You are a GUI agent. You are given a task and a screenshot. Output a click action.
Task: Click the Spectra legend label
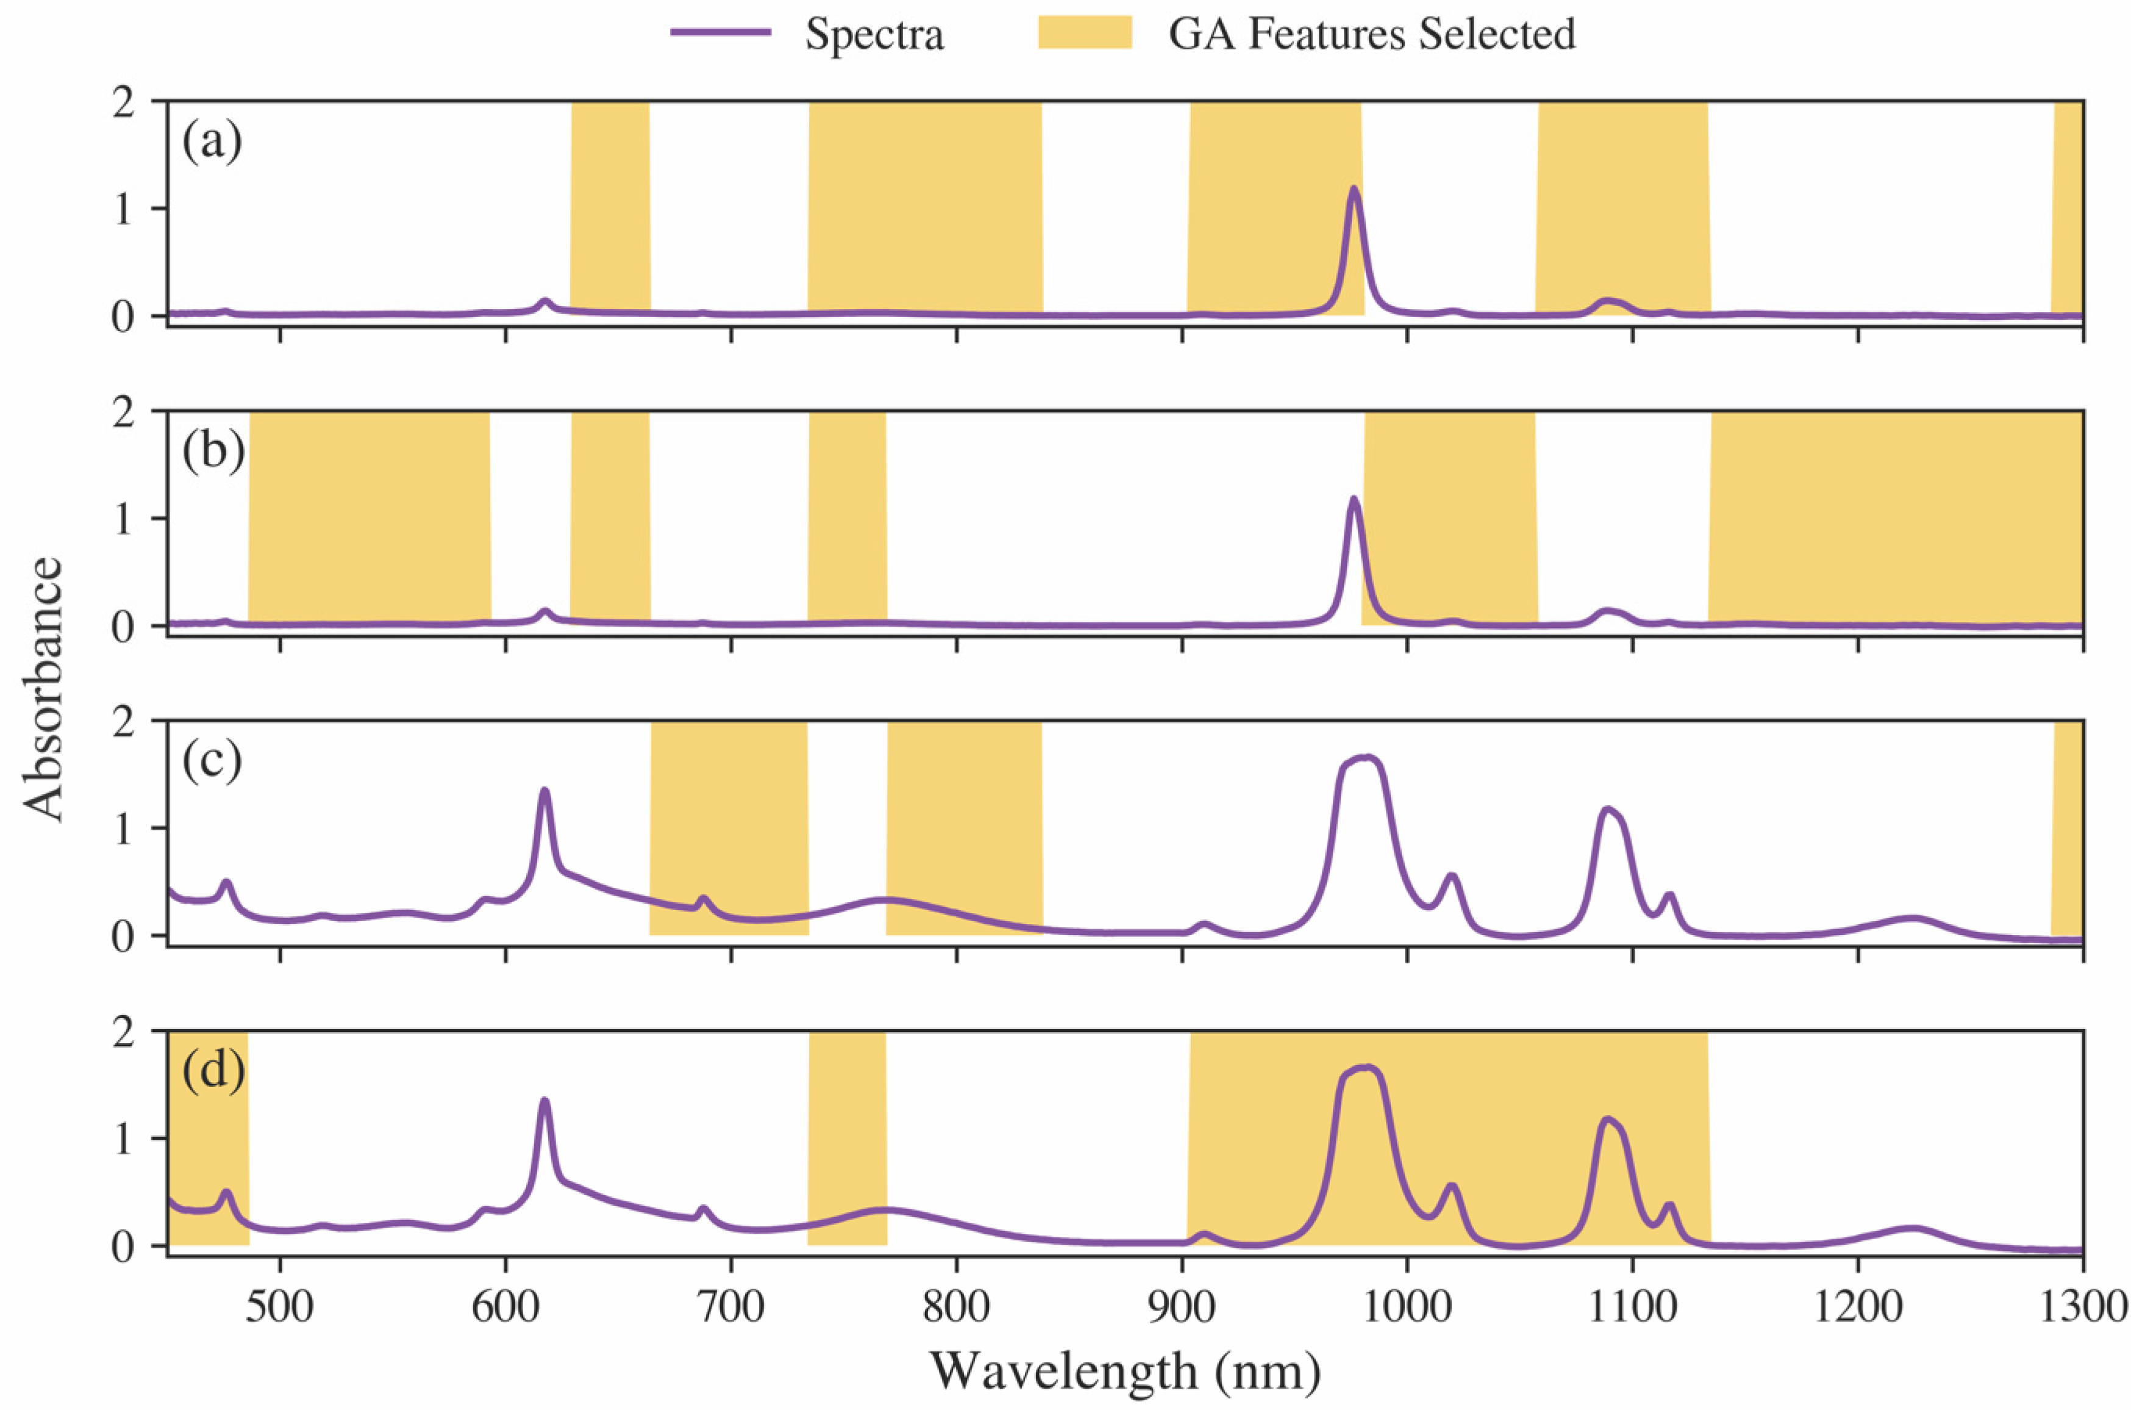(x=873, y=34)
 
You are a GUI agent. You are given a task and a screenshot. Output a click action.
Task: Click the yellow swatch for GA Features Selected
(x=1083, y=34)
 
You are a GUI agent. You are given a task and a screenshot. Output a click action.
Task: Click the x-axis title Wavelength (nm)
(x=1125, y=1372)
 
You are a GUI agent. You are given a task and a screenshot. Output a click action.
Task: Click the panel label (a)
(x=212, y=142)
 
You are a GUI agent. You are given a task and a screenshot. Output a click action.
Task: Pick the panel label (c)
(x=212, y=761)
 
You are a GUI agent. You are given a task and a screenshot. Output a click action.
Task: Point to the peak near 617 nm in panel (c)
(x=544, y=791)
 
